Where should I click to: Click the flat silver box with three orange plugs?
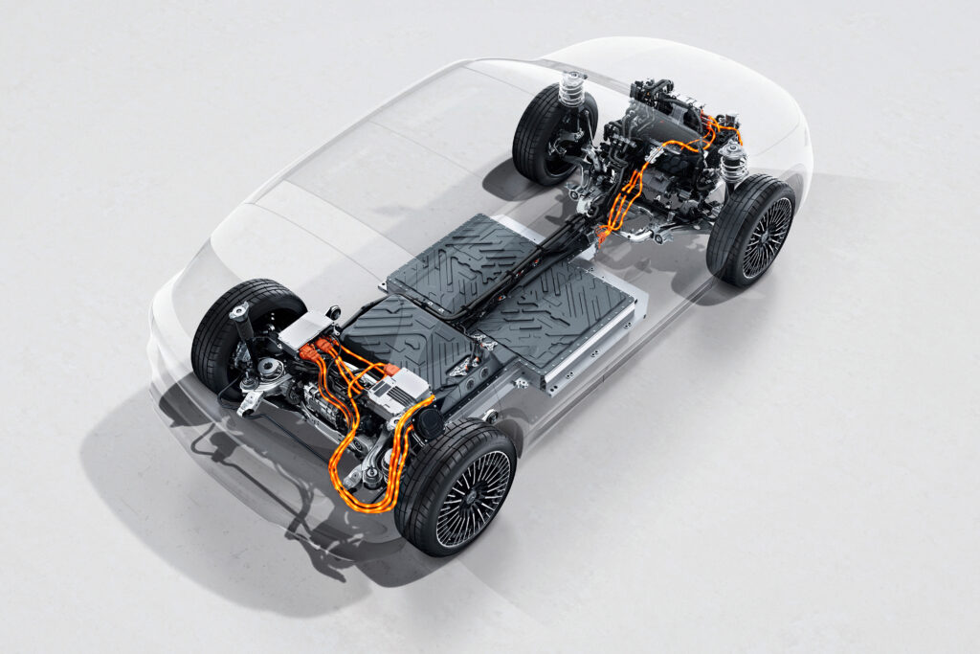[x=304, y=330]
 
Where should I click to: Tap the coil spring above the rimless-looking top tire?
[x=572, y=89]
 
